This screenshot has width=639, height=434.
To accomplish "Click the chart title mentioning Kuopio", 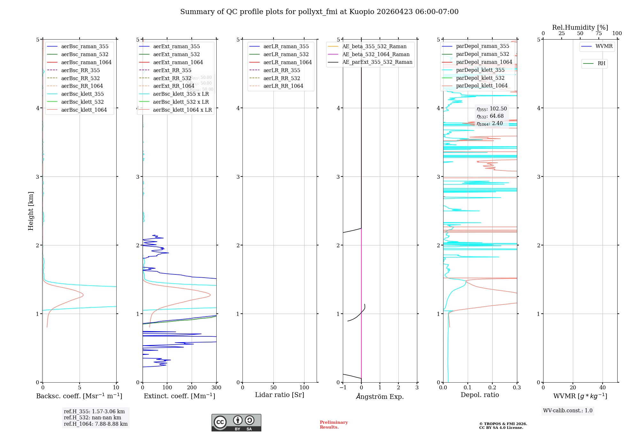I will [x=319, y=12].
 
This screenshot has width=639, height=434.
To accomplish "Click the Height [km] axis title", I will [x=31, y=211].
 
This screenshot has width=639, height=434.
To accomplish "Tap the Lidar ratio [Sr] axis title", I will [x=280, y=395].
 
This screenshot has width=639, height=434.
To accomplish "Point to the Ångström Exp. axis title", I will [x=380, y=396].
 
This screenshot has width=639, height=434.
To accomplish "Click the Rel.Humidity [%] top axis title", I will [x=580, y=27].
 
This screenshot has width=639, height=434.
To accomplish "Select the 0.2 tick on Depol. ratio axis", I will [x=492, y=387].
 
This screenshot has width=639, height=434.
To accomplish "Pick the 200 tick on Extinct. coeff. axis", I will [x=192, y=387].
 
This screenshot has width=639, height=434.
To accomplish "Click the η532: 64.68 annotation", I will [x=490, y=116].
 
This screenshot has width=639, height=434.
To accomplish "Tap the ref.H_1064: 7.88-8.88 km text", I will [x=96, y=424].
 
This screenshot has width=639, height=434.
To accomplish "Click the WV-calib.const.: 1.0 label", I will [x=568, y=410].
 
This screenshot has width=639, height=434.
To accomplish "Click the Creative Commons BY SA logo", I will [x=236, y=423].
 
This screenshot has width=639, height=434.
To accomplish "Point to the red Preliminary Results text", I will [x=334, y=424].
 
